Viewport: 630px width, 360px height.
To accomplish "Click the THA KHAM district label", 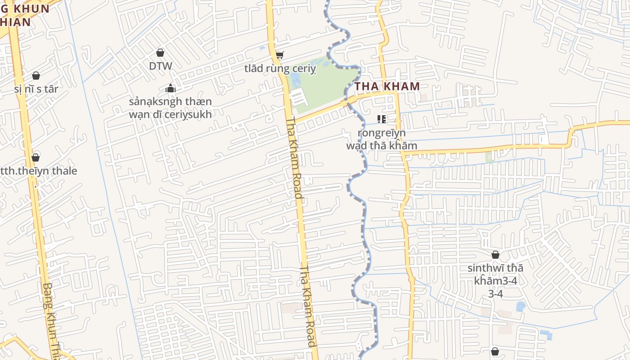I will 387,86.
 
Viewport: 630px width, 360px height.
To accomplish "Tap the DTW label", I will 161,66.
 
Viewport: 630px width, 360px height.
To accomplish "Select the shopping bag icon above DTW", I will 160,53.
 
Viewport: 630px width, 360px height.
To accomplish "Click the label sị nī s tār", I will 36,89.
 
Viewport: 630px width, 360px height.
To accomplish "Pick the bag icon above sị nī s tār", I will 36,75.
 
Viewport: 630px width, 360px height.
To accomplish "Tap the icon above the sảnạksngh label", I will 170,88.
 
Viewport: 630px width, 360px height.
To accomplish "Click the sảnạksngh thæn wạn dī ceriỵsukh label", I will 170,108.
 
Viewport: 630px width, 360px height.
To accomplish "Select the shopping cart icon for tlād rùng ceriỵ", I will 279,55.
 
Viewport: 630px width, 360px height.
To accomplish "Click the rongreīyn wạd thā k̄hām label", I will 382,139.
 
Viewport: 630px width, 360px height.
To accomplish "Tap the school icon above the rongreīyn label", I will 382,119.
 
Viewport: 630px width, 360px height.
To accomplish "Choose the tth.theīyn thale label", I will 39,171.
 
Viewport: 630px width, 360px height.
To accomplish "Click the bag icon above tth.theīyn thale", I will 36,157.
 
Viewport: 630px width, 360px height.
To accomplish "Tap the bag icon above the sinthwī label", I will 495,255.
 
